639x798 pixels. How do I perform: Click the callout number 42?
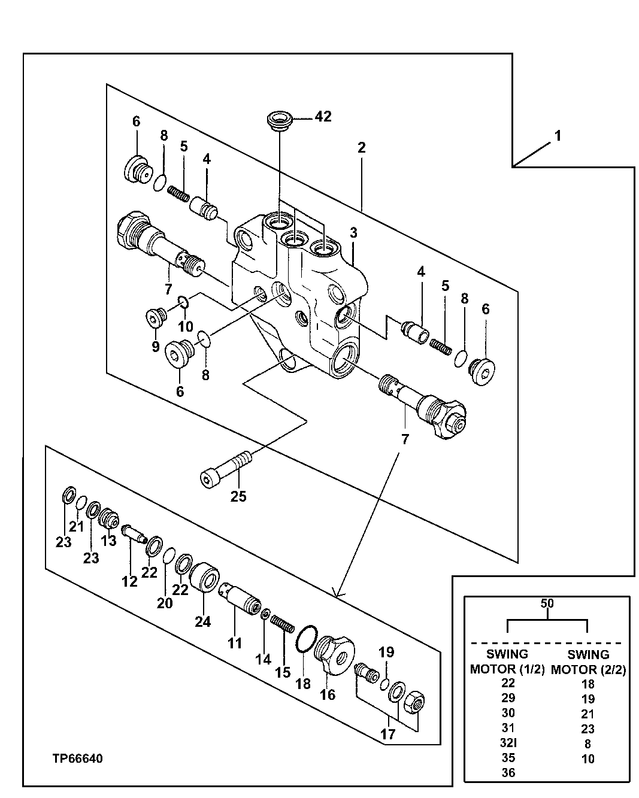[x=323, y=116]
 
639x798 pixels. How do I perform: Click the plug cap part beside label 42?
[x=278, y=119]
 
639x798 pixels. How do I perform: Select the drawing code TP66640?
[x=77, y=759]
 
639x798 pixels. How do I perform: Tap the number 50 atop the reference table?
[x=547, y=603]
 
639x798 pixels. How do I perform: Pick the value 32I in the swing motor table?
[x=507, y=743]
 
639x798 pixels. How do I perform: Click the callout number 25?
[x=238, y=496]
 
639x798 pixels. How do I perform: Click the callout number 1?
[x=558, y=136]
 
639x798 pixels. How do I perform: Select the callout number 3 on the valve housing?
[x=354, y=233]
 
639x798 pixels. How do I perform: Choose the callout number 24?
[x=202, y=621]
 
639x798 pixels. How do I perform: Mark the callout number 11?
[x=234, y=644]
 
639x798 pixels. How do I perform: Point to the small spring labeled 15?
[x=283, y=624]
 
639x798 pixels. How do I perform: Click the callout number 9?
[x=155, y=346]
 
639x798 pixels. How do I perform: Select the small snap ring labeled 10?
[x=183, y=304]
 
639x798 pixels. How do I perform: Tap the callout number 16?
[x=328, y=694]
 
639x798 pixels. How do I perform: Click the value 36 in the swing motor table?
[x=507, y=773]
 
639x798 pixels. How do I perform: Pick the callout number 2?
[x=361, y=147]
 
